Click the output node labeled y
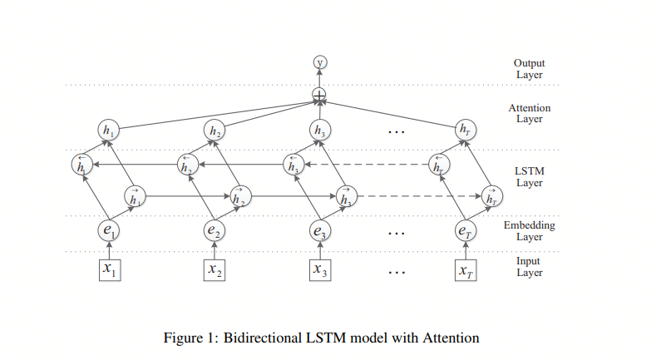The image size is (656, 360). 318,62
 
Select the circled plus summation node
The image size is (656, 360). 318,95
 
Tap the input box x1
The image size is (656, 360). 109,269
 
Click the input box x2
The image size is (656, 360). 215,269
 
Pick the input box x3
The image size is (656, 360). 319,269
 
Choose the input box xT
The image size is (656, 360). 465,269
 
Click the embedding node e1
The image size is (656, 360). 109,229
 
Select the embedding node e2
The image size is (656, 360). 215,229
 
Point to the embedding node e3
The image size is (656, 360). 319,229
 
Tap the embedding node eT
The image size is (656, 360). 465,229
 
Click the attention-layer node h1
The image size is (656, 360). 109,130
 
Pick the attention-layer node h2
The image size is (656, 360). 215,130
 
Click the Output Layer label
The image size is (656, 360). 529,69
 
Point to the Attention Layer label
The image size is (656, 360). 529,113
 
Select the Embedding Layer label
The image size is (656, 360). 529,230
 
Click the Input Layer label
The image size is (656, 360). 529,267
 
